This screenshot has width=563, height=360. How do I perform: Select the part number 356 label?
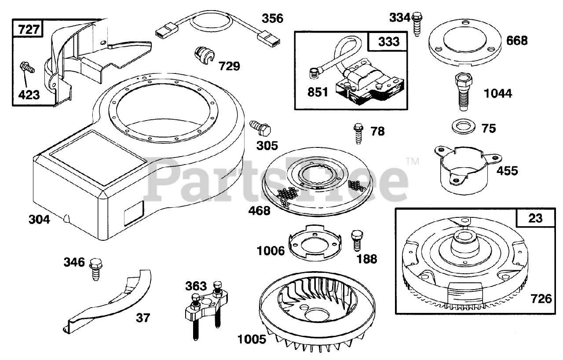pos(273,18)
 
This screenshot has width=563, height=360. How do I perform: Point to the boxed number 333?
pos(389,41)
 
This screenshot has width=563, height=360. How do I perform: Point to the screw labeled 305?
pos(261,127)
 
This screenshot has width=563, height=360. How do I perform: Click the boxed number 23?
pos(536,218)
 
